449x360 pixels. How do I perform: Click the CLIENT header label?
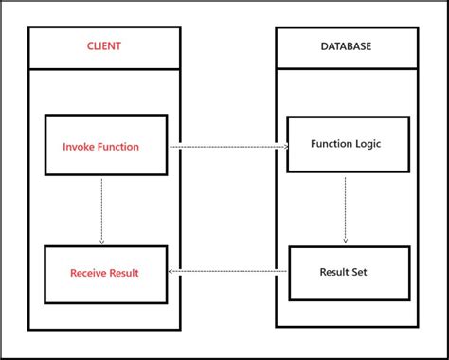[x=103, y=45]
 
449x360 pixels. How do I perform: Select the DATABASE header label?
[x=346, y=45]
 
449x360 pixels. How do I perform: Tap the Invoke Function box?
[x=106, y=146]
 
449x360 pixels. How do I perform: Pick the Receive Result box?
[x=106, y=274]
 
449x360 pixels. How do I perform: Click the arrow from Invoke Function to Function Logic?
[x=227, y=147]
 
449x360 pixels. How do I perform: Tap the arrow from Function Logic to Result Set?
[x=345, y=208]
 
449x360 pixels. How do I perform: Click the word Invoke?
[x=80, y=147]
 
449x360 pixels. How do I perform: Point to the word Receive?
[x=89, y=274]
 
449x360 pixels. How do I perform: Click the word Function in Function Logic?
[x=331, y=144]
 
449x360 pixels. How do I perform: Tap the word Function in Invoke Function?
[x=118, y=147]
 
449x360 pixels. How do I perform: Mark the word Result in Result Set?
[x=336, y=273]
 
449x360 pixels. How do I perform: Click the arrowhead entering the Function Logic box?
[x=284, y=147]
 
